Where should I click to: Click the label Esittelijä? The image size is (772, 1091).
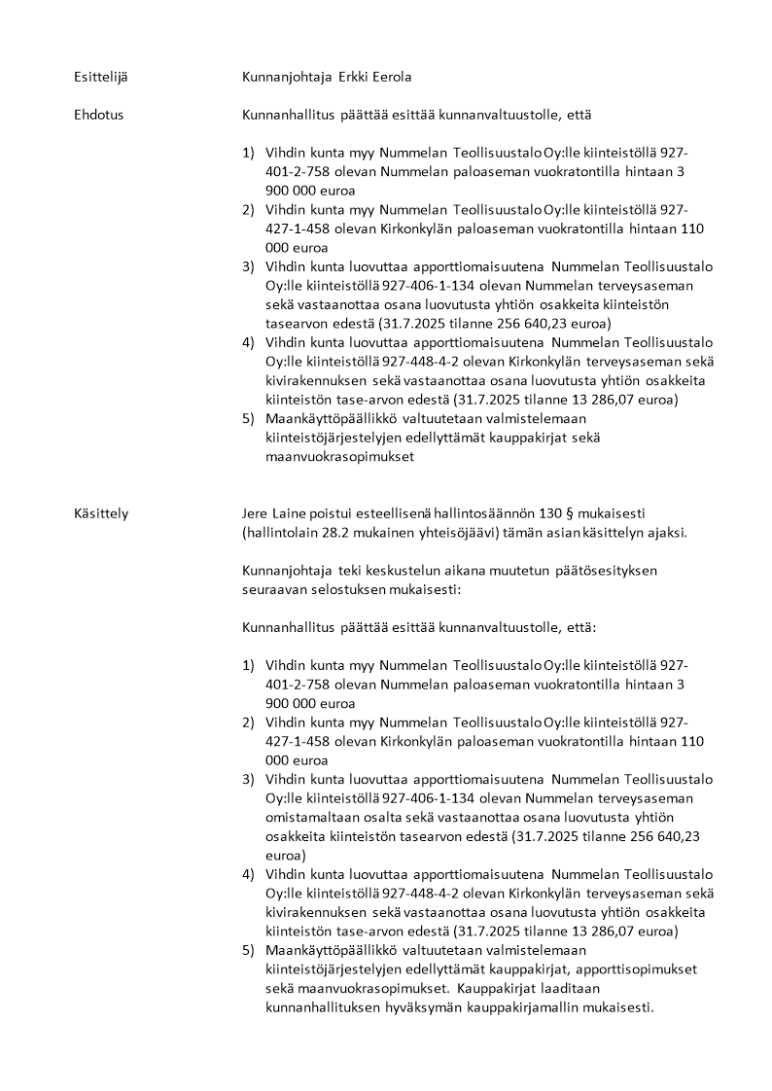click(102, 77)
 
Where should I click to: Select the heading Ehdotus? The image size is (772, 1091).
click(98, 115)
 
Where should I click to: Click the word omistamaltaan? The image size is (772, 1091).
click(309, 818)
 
